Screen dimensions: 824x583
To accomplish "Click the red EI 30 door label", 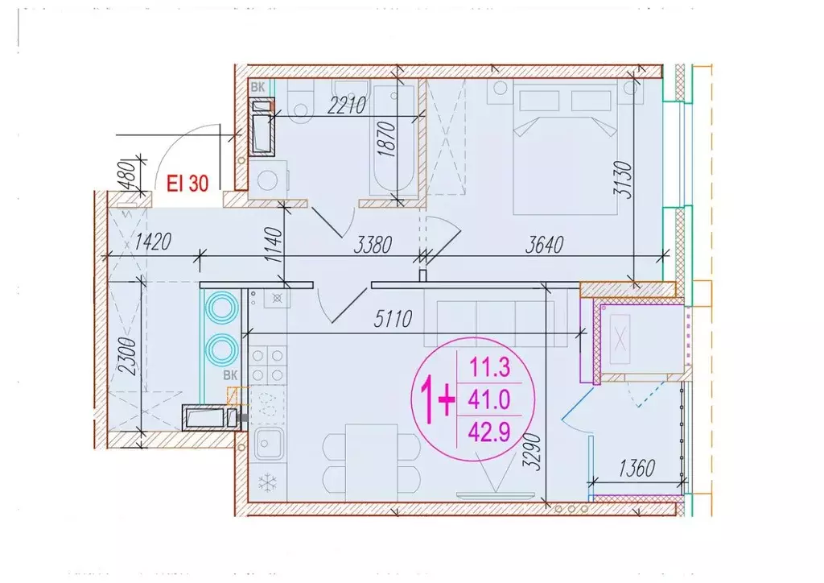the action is point(187,184).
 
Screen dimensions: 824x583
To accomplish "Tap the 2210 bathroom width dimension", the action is point(346,105).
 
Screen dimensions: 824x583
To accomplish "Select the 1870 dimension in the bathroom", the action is point(387,139).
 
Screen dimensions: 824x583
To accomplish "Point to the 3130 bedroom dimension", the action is point(624,180).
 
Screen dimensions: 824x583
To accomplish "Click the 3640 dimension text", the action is point(545,245).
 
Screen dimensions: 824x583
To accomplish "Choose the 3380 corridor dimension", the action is point(373,245).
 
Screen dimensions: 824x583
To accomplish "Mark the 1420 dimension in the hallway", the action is point(152,242).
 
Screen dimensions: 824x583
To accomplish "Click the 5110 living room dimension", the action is point(393,319).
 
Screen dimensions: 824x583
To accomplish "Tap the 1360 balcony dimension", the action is point(637,468).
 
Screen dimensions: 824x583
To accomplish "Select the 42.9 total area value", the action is point(489,432).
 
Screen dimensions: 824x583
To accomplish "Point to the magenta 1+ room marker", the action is point(437,402).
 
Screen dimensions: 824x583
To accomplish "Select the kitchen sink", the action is point(269,443).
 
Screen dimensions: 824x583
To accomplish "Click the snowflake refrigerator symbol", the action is point(268,482).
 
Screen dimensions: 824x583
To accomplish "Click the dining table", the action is point(372,462).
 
